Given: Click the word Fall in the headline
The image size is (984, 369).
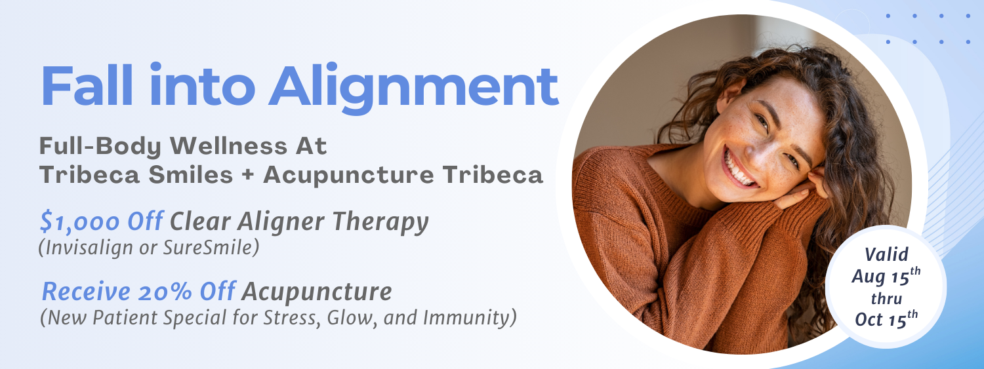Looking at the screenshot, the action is click(87, 86).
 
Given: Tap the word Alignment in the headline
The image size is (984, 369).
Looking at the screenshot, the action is click(413, 88).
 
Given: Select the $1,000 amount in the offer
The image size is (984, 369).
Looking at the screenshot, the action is click(79, 221).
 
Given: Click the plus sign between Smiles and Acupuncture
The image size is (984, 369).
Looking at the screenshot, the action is click(248, 175).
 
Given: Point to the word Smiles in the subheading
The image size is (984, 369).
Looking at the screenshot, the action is click(191, 174).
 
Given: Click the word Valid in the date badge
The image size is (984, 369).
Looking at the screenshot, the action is click(886, 254).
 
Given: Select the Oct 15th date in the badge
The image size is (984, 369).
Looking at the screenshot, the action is click(886, 319).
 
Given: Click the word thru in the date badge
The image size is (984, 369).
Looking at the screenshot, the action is click(886, 298).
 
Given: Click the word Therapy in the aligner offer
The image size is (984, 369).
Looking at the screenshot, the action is click(380, 222).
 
